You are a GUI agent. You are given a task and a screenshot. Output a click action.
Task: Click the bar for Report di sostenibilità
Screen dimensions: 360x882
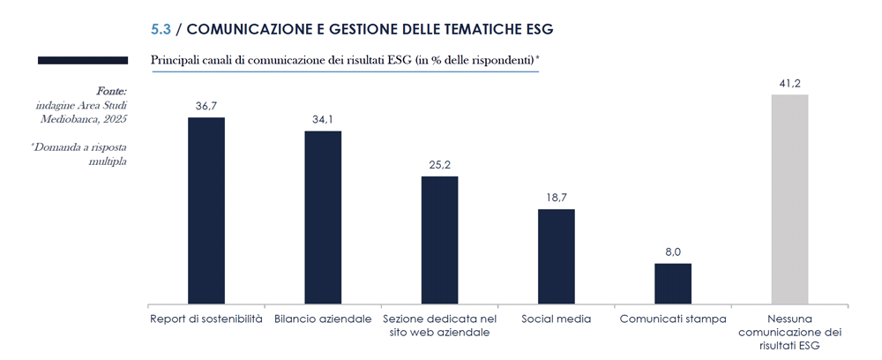[206, 210]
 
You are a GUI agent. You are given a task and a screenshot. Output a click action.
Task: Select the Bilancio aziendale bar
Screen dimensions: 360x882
[323, 217]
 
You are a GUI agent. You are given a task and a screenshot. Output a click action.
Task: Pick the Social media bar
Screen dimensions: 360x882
[557, 256]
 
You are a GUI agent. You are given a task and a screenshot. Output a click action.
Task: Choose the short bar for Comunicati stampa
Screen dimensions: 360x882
[673, 283]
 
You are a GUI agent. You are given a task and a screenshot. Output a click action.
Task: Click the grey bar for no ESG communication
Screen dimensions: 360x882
[789, 199]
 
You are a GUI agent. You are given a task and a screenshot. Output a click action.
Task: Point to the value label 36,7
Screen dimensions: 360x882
[206, 106]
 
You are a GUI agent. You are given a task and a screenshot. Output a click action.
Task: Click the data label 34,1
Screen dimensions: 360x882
[323, 120]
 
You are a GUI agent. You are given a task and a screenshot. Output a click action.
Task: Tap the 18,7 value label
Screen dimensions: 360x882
[557, 199]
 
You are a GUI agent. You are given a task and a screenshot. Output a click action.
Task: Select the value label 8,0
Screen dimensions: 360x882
[673, 252]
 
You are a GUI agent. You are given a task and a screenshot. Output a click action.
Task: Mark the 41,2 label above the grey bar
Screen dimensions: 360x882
[789, 83]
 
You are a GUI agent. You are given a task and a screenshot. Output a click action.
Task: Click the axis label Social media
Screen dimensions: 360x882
[557, 319]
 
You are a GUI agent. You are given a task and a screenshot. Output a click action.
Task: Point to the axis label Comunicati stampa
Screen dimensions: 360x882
[673, 319]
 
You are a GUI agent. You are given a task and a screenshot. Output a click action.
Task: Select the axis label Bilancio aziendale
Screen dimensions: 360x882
[323, 319]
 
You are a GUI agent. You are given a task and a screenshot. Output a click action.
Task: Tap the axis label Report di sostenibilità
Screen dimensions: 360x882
[206, 319]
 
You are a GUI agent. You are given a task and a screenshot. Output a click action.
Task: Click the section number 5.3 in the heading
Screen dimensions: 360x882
[161, 29]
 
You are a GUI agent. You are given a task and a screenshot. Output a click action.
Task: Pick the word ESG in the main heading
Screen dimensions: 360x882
[536, 29]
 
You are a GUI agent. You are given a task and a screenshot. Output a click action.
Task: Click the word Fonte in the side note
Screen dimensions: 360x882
[110, 91]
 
